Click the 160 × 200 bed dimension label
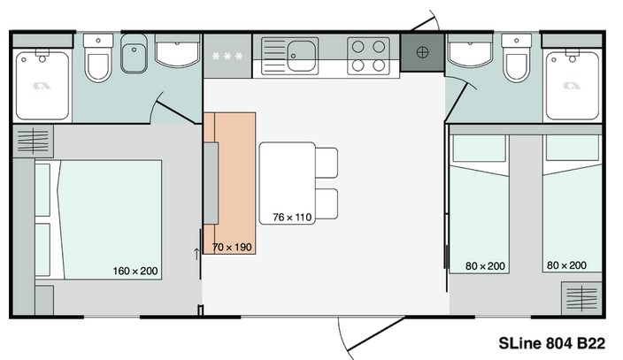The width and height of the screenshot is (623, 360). pos(135,271)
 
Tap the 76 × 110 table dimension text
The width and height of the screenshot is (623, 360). pos(292,218)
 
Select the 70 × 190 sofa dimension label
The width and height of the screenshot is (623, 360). pos(232,247)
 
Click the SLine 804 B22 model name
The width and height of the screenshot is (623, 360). pos(552,343)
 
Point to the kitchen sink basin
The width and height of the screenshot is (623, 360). pos(302,55)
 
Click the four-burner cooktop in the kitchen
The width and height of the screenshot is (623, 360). pos(368,56)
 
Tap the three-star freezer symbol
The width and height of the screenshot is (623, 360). pos(227,57)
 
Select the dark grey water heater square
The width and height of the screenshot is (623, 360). pos(422,52)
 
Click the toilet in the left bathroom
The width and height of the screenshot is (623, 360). pos(98,58)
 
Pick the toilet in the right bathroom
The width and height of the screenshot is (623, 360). pos(516,58)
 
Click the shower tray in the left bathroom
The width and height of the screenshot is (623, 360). pos(42,85)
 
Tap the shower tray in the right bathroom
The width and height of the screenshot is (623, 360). pos(573,85)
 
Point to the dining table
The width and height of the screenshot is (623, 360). pos(288,183)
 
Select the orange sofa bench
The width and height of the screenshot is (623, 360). pos(229,183)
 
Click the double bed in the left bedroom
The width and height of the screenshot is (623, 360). pos(98,220)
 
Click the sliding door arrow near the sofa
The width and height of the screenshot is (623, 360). pos(196,254)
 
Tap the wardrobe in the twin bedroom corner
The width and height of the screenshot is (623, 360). pos(581,297)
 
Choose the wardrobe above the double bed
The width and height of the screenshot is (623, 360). pos(34,141)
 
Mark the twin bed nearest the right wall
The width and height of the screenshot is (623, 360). pos(573,203)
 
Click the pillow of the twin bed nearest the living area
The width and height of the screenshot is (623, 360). pos(480,149)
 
